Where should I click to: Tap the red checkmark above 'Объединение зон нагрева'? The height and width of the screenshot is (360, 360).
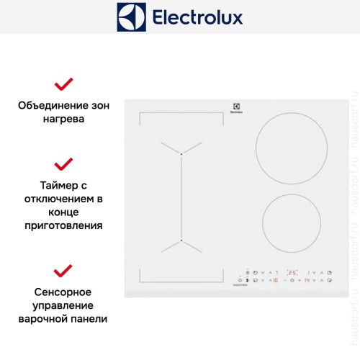pos(63,84)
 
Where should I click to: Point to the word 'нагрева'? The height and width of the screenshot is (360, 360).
pos(63,119)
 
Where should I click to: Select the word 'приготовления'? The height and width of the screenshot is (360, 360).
pos(63,225)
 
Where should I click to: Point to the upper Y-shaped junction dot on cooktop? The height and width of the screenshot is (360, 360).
pos(181,154)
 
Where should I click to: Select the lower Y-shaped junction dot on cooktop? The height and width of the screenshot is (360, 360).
pos(181,240)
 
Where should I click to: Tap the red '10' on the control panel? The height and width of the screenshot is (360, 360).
pos(276,280)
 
